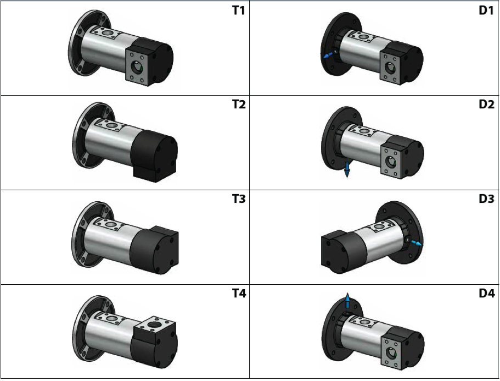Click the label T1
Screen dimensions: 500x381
click(238, 11)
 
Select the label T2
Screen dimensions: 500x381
click(239, 104)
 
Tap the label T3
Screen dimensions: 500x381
click(239, 199)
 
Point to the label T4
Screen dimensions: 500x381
click(239, 293)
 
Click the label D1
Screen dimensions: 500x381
click(486, 11)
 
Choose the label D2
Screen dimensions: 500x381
click(486, 104)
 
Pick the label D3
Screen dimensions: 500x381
click(486, 199)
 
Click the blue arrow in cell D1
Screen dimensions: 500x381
click(328, 56)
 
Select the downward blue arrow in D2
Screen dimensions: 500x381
click(347, 169)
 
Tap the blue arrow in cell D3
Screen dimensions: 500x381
click(417, 244)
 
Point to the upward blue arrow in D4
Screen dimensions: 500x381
click(347, 300)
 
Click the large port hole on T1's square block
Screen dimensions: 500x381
click(137, 67)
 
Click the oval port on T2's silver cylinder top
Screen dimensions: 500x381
click(111, 125)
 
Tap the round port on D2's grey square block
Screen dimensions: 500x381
click(391, 161)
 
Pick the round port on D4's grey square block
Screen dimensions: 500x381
click(391, 353)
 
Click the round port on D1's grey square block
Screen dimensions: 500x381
click(390, 68)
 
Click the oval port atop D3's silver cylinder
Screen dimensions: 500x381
click(379, 227)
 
